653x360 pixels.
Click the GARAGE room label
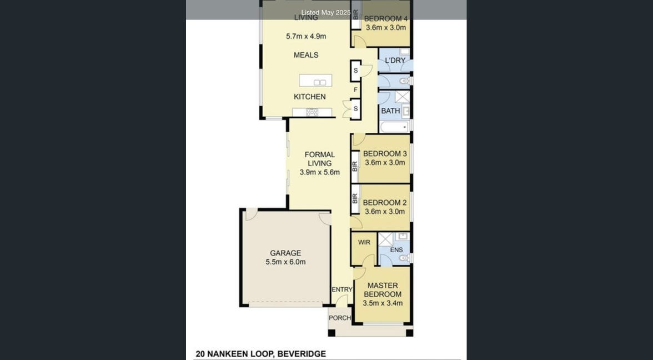285,253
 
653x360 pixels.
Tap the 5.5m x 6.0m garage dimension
285,262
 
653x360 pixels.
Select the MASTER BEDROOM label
383,289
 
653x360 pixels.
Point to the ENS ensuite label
396,250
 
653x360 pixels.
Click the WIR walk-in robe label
364,242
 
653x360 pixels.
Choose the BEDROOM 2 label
385,202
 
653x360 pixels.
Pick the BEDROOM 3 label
385,154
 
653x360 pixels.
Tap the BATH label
391,111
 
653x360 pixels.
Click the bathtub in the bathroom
394,127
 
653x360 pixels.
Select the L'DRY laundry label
395,61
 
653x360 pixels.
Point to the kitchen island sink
320,82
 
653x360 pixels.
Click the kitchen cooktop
312,112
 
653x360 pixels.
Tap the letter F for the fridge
355,89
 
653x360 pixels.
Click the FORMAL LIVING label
320,159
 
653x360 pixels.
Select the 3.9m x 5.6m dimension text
320,172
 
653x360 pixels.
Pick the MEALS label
306,55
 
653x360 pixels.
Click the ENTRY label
342,289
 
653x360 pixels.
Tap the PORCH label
340,318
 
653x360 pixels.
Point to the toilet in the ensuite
404,258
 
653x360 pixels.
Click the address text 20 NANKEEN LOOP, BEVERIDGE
261,354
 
